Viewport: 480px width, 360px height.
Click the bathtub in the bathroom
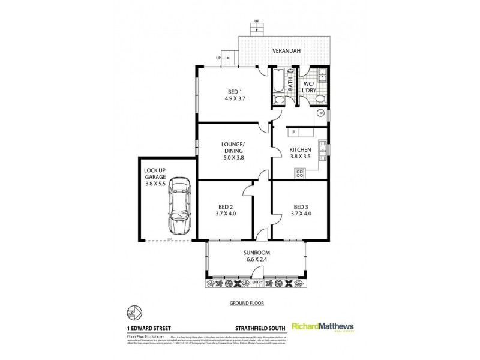click(x=279, y=88)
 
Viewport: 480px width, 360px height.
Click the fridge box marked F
click(x=294, y=131)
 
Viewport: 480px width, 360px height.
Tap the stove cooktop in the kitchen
click(x=299, y=173)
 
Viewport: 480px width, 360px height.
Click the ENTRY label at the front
click(x=257, y=282)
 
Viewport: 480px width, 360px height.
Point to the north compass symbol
click(x=133, y=313)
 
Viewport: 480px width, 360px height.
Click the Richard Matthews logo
click(x=323, y=327)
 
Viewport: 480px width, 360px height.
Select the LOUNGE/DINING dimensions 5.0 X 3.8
click(x=232, y=158)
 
